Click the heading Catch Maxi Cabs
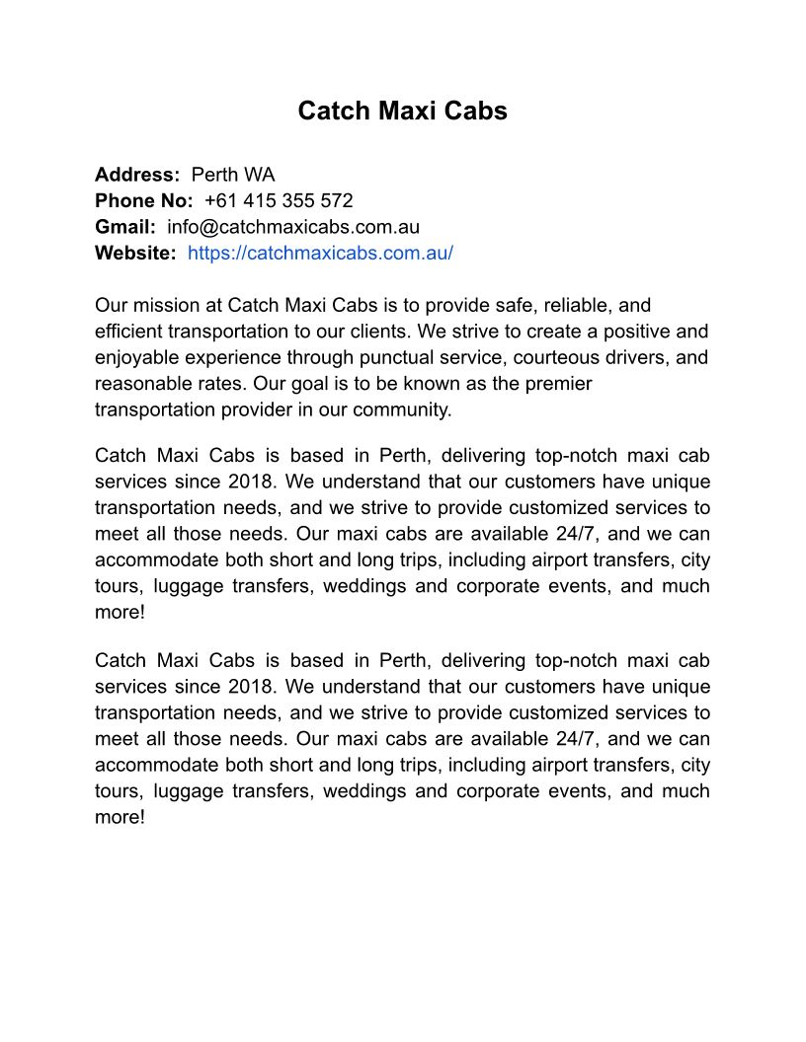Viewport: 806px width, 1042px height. (x=402, y=111)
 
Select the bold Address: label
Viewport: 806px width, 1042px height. (x=137, y=175)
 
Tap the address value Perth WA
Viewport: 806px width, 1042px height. (x=233, y=175)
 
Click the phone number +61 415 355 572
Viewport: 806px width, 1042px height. (x=279, y=200)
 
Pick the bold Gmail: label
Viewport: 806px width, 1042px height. (x=125, y=226)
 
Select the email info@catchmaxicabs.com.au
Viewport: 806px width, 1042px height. (x=293, y=226)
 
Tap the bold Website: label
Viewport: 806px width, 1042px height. (x=135, y=253)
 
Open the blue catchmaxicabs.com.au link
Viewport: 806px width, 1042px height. (x=320, y=253)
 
